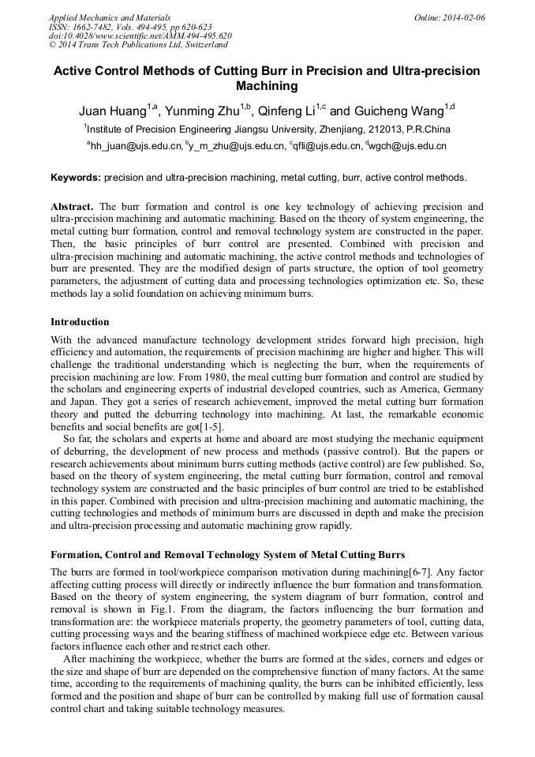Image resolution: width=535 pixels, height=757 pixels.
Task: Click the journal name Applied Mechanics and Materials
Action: coord(110,17)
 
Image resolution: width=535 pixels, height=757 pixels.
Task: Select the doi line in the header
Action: coord(140,36)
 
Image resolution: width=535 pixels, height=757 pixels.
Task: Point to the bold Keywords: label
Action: coord(76,178)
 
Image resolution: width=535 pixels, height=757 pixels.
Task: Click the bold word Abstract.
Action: coord(73,207)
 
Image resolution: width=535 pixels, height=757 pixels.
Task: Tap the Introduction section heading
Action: coord(80,322)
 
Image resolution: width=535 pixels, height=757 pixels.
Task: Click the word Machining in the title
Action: coord(267,86)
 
